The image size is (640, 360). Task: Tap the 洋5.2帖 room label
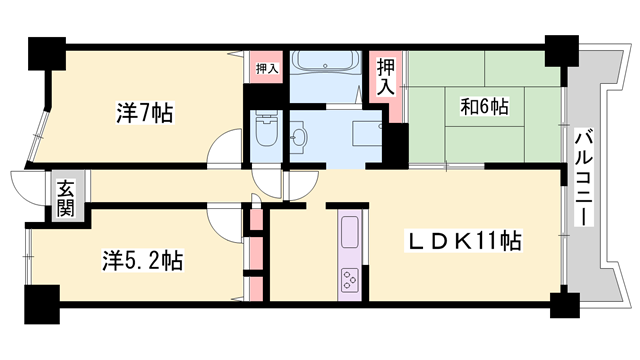point(141,261)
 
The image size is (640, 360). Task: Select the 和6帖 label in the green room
point(485,105)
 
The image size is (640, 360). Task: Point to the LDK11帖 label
point(461,241)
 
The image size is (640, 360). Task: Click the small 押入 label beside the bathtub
point(266,69)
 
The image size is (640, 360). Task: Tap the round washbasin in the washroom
point(299,138)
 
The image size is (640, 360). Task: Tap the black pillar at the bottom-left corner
point(40,303)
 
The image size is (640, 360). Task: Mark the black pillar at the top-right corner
point(561,50)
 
